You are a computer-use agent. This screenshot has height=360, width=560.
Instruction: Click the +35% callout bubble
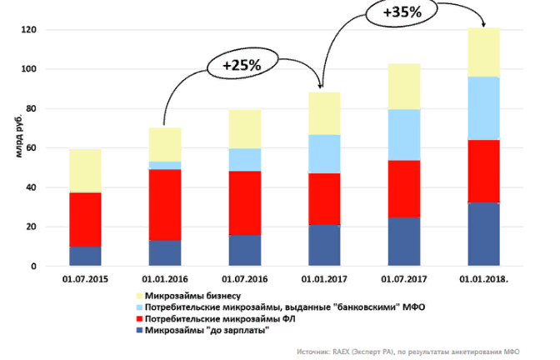tap(402, 13)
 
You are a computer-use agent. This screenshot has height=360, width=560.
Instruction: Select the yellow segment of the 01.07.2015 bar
tap(86, 171)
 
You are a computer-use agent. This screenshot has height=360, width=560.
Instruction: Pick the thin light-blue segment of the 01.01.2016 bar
tap(165, 165)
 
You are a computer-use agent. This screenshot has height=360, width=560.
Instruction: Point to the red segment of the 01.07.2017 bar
tap(403, 189)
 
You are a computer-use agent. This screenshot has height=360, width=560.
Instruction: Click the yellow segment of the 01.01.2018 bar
tap(483, 52)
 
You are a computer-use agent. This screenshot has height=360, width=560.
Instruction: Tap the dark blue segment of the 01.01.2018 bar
tap(483, 234)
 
